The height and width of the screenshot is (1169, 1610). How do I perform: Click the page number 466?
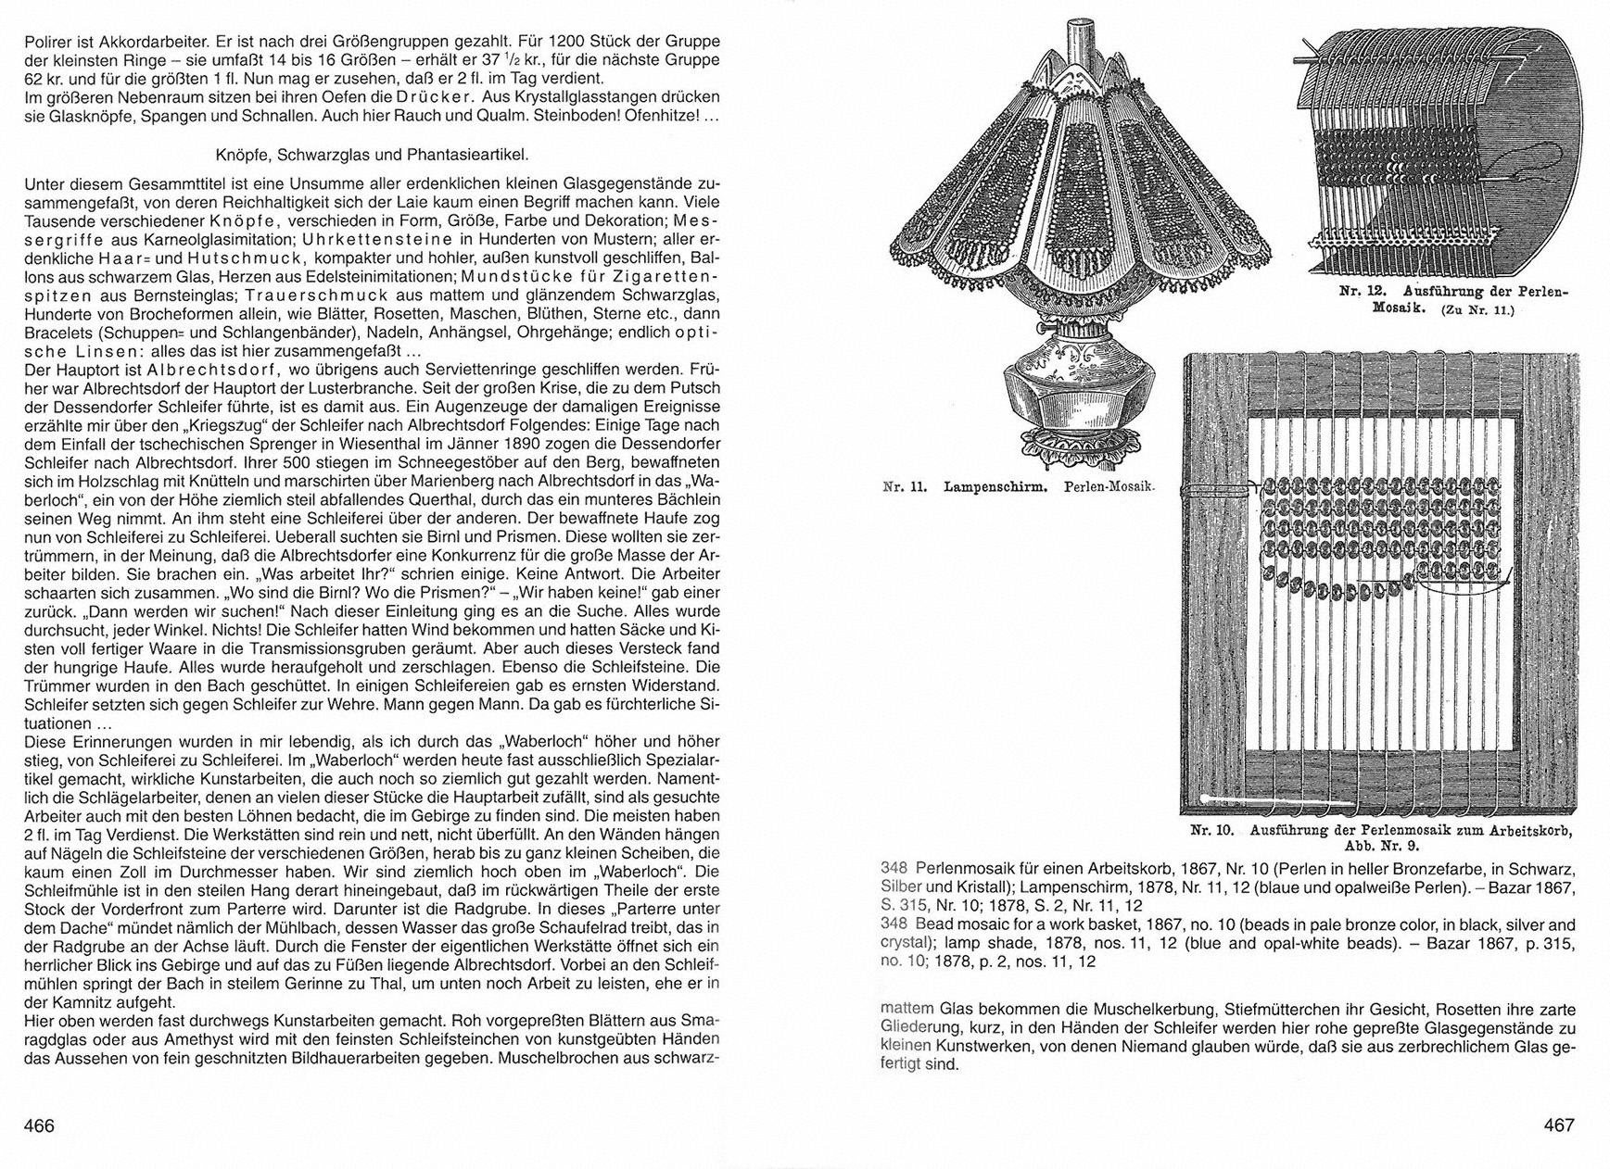(x=39, y=1126)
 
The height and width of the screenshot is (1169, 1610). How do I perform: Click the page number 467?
(x=1559, y=1126)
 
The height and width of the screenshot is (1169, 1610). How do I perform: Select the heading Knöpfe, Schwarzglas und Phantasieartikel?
(x=371, y=155)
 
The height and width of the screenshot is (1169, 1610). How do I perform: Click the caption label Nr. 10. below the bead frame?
(x=1212, y=831)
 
